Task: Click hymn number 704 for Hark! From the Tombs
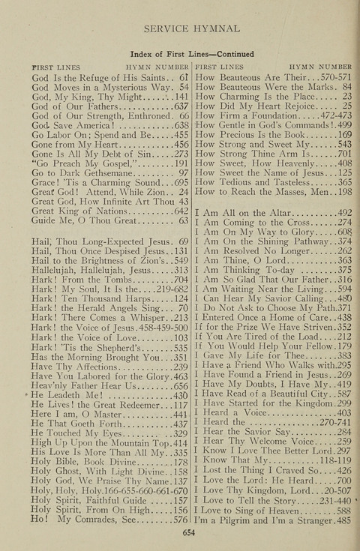click(180, 281)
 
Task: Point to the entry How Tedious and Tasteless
click(258, 182)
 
